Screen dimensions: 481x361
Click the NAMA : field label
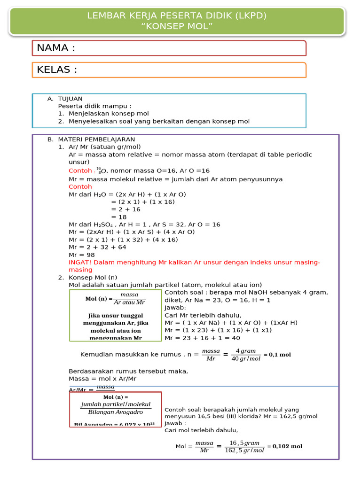coord(56,48)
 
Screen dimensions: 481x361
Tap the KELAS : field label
coord(57,70)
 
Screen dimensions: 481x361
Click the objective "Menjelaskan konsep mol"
coord(109,114)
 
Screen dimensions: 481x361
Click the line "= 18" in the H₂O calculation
coord(119,217)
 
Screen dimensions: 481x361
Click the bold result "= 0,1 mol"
coord(277,355)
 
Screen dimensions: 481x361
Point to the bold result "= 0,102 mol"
coord(284,446)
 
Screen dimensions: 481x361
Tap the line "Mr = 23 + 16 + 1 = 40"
coord(202,338)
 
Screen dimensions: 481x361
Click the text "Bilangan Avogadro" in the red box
coord(116,412)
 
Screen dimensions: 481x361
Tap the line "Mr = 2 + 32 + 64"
coord(97,247)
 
